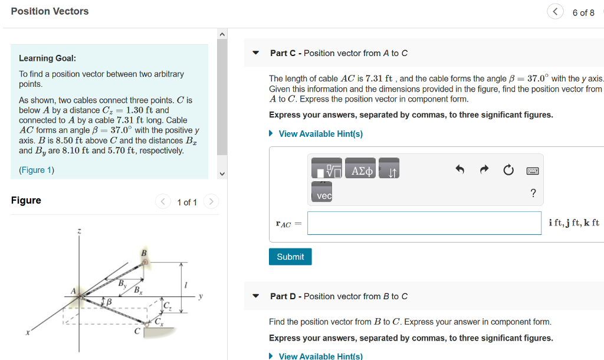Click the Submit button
[290, 257]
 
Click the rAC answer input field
[424, 223]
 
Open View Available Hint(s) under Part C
[320, 134]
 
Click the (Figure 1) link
[37, 170]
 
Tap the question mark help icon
[533, 193]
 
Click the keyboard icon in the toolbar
[533, 171]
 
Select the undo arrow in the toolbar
[460, 171]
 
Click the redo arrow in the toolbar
[484, 171]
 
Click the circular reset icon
[508, 171]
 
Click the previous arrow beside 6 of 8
[555, 12]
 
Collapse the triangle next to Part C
[255, 53]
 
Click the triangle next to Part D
[255, 296]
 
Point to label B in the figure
[143, 254]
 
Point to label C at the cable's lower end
[137, 332]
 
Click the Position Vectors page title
[50, 11]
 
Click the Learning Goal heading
[47, 58]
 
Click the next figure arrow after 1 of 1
[211, 202]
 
